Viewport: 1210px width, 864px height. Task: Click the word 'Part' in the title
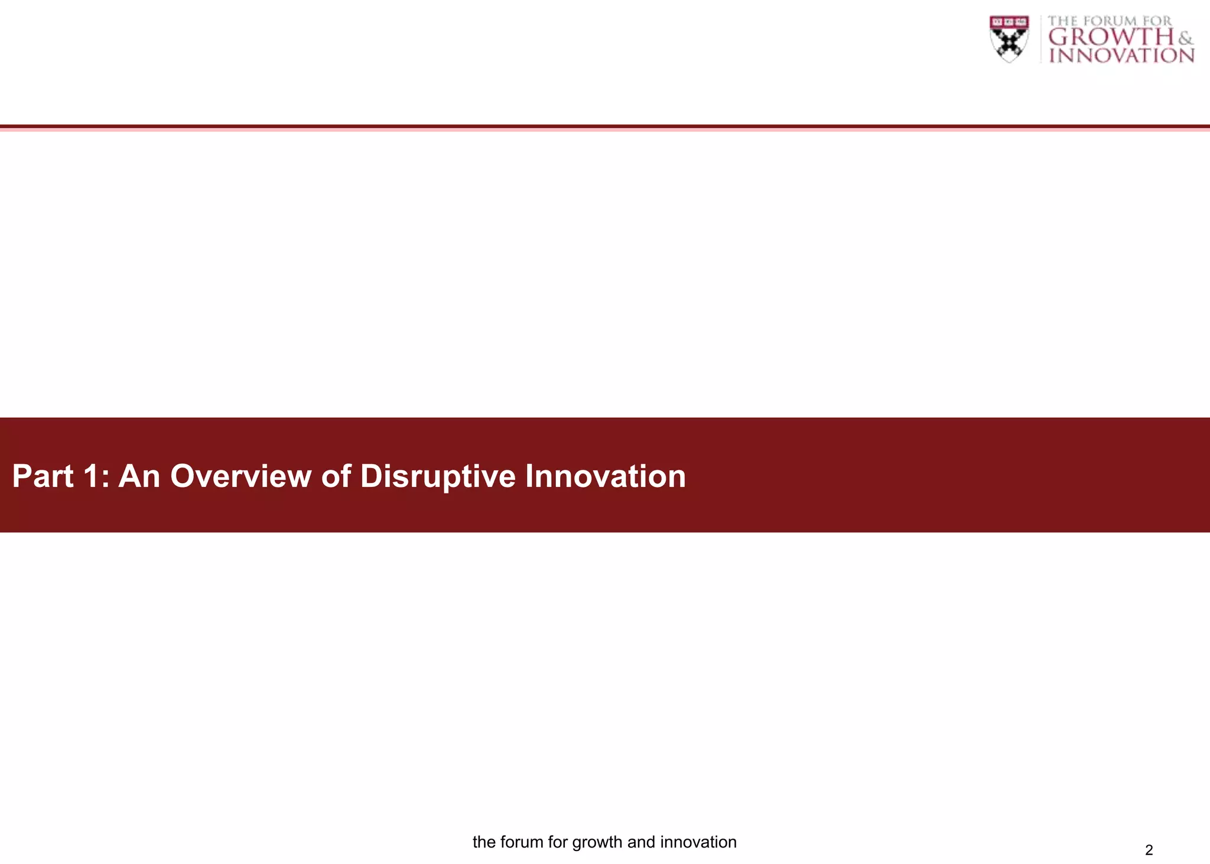point(43,476)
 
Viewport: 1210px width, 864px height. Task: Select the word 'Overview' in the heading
point(240,476)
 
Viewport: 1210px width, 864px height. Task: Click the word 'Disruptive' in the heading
point(437,476)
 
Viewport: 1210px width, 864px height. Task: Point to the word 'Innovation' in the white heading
point(605,476)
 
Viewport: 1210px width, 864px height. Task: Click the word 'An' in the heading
point(139,476)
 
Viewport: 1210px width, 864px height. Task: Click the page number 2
point(1149,850)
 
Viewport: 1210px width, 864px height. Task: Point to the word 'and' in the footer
point(641,842)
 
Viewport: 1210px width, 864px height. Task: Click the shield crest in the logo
point(1009,39)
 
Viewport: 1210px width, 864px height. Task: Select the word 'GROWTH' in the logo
point(1111,37)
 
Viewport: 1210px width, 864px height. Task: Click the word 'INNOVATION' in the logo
point(1121,56)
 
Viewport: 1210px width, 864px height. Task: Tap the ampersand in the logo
point(1185,38)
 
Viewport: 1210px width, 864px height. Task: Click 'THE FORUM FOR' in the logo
point(1110,21)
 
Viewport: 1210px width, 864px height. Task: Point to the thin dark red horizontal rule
point(605,126)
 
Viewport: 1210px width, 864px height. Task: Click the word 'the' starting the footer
point(484,842)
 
